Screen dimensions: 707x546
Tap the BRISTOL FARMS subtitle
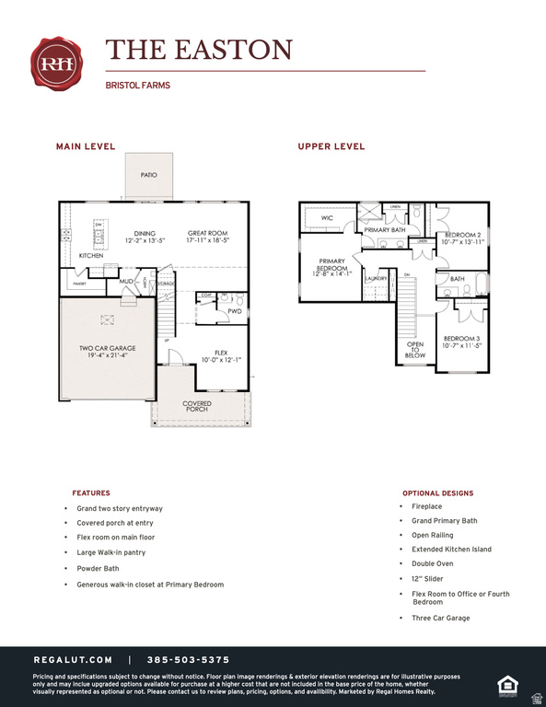point(138,86)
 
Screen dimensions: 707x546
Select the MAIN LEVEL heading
point(86,146)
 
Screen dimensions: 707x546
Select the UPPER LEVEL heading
point(331,146)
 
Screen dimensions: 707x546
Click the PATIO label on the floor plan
point(148,175)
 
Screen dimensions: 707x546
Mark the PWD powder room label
point(235,311)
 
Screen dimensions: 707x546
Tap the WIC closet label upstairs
point(327,218)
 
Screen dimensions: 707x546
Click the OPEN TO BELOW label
point(415,349)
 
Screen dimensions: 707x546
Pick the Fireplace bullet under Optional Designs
point(426,506)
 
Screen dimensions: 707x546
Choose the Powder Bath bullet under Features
point(98,569)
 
